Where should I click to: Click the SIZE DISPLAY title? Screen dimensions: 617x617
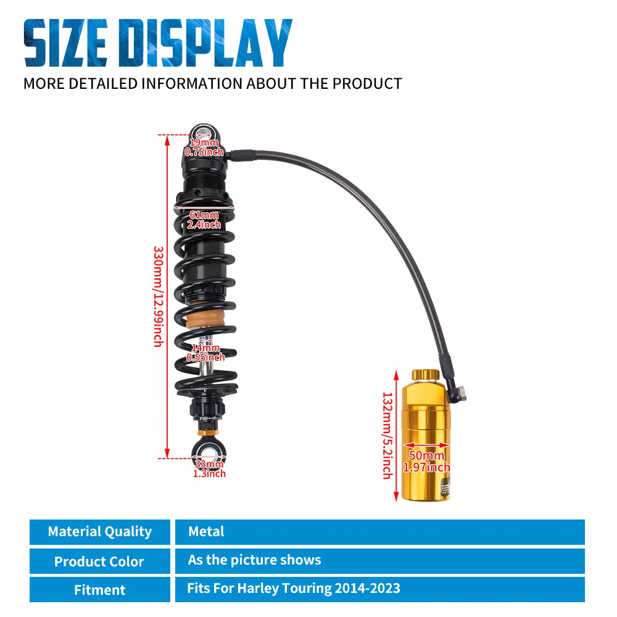[x=158, y=43]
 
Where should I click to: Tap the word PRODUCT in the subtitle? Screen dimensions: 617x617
[x=367, y=84]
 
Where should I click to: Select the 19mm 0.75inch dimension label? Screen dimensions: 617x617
[x=204, y=147]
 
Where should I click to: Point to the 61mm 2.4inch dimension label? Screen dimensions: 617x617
[x=204, y=220]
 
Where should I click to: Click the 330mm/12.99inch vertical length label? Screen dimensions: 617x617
[x=159, y=296]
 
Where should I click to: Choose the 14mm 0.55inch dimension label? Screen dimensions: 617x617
[x=205, y=352]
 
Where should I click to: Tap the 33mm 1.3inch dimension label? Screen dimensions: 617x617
[x=209, y=468]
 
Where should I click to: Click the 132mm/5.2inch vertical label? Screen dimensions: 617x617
[x=388, y=435]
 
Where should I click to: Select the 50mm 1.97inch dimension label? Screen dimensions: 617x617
[x=426, y=461]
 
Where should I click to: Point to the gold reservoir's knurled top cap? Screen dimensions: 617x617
[x=425, y=375]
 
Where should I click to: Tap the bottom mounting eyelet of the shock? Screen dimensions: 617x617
[x=209, y=452]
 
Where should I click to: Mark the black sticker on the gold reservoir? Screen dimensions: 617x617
[x=445, y=489]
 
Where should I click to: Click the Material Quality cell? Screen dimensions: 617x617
[x=100, y=532]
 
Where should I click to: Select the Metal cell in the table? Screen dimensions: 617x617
[x=379, y=532]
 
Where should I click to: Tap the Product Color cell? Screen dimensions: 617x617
[x=100, y=561]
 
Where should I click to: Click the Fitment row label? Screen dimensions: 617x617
[x=100, y=589]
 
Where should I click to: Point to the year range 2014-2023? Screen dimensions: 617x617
[x=368, y=588]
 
